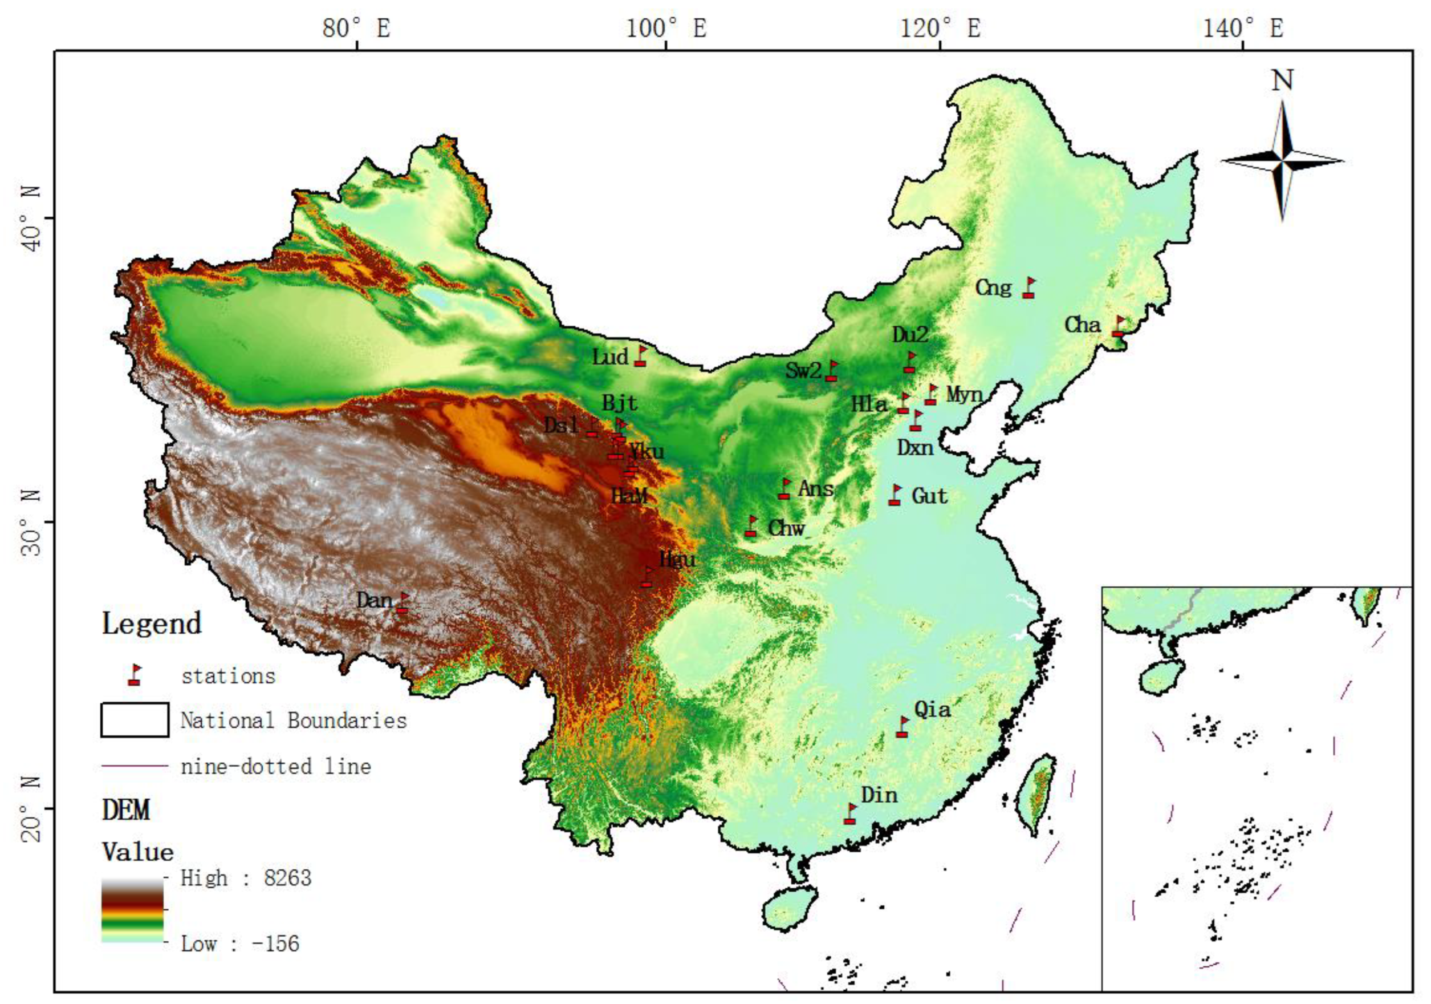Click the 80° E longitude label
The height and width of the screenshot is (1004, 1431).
click(356, 28)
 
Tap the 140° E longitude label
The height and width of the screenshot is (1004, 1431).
click(1243, 28)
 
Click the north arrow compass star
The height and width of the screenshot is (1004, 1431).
click(1282, 161)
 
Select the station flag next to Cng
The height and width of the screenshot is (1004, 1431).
click(1028, 288)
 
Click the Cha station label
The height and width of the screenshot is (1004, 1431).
click(1083, 325)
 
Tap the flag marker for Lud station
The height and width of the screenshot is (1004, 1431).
click(640, 356)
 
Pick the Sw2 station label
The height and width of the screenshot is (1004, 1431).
click(803, 370)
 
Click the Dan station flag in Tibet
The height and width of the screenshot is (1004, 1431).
click(403, 603)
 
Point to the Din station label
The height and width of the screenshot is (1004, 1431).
click(880, 795)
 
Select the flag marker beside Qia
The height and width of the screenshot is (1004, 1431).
click(902, 727)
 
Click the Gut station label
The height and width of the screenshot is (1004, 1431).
click(929, 496)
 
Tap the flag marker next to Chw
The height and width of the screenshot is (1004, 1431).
click(751, 527)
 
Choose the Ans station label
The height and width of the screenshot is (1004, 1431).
click(816, 488)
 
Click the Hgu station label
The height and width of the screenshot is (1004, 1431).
click(677, 560)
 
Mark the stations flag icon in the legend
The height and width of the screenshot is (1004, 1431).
click(135, 675)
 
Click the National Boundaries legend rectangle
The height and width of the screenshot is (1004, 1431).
click(135, 720)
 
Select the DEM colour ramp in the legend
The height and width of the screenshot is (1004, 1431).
click(132, 910)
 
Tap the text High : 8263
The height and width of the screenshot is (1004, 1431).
click(246, 878)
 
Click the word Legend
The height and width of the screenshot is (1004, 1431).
click(152, 624)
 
